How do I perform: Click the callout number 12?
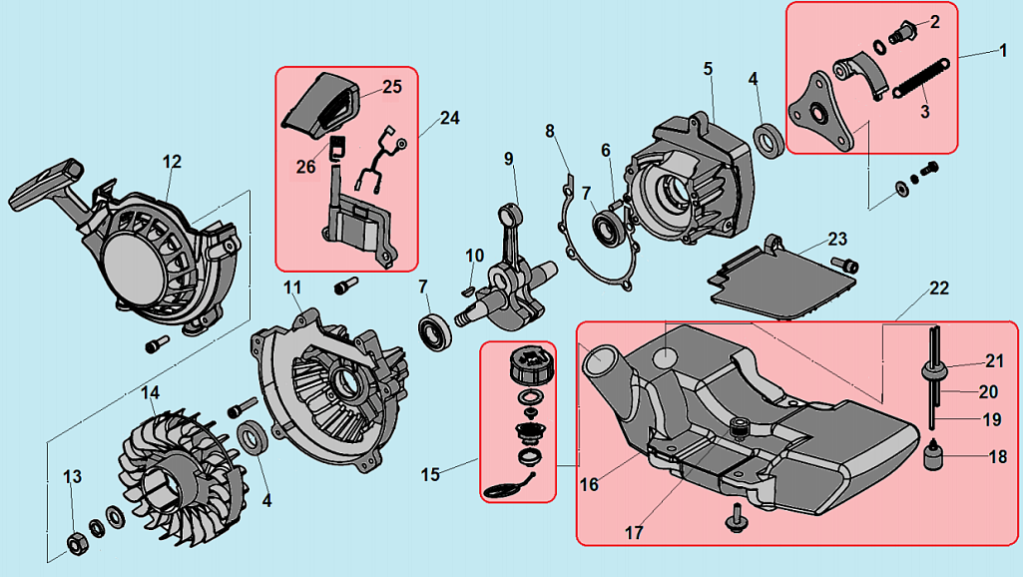[172, 160]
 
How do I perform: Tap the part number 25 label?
[391, 87]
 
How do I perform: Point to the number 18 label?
[997, 458]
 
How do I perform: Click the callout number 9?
[508, 158]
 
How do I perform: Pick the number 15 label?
[430, 474]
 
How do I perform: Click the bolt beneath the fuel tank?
[735, 518]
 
